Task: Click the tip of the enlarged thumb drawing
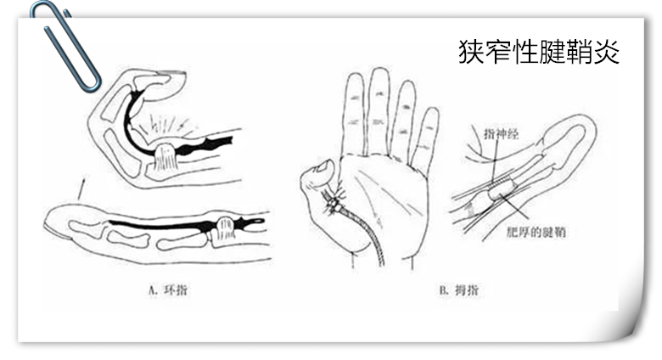coord(586,127)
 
